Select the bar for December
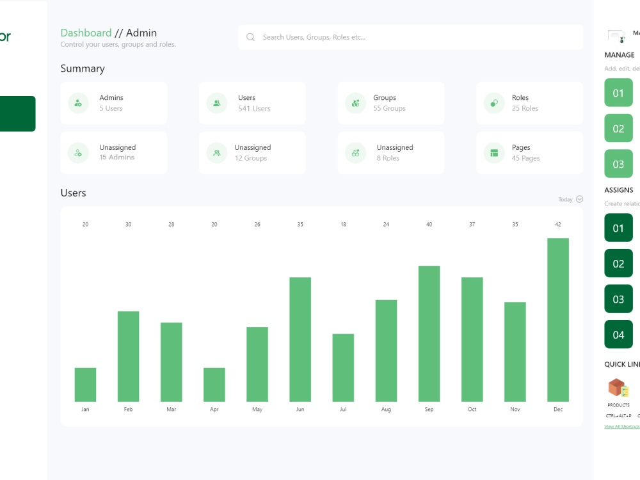coord(557,320)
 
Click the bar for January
coord(85,385)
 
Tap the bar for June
coord(300,339)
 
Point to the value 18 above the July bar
coord(343,225)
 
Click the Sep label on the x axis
coord(429,410)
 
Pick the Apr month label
coord(214,410)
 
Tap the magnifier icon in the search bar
coord(250,37)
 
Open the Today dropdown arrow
coord(579,199)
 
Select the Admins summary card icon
coord(78,102)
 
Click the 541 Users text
coord(254,109)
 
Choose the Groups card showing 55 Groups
coord(390,102)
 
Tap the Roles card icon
coord(493,102)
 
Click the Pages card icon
coord(493,153)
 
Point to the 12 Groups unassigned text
coord(251,158)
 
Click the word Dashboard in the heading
coord(86,33)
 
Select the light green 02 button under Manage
coord(618,129)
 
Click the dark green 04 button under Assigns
coord(618,335)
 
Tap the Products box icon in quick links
coord(618,388)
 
